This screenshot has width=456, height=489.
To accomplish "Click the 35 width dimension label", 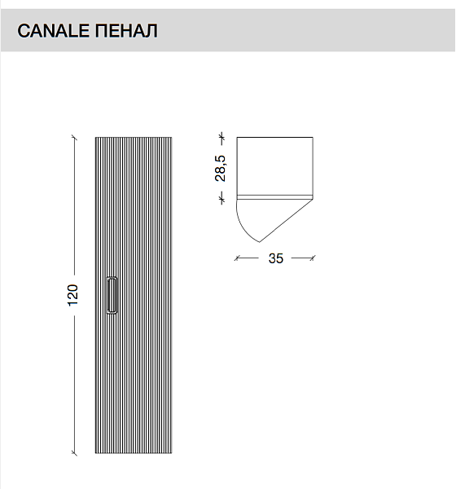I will (275, 259).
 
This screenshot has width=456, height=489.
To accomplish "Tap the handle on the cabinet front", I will (112, 295).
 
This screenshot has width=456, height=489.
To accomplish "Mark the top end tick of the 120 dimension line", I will (73, 135).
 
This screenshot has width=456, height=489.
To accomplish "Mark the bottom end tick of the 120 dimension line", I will (73, 453).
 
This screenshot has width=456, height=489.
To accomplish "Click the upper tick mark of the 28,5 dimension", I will (221, 136).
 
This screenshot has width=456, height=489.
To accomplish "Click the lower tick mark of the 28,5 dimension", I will (221, 196).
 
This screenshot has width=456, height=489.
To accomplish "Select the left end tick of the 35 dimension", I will (238, 258).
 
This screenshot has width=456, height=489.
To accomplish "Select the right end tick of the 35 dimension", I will (313, 258).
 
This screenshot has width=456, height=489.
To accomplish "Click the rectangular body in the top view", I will (274, 165).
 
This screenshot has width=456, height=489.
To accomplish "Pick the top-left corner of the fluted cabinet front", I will (95, 136).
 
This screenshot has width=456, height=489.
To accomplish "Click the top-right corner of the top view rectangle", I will (313, 137).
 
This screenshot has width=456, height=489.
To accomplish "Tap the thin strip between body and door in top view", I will (274, 197).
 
